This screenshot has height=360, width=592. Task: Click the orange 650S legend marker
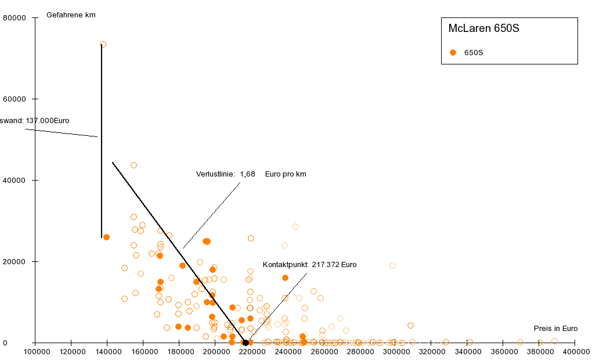[453, 52]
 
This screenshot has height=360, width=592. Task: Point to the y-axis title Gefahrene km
[71, 15]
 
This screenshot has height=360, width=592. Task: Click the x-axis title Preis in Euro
[555, 328]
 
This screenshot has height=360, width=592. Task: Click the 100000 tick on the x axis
[35, 352]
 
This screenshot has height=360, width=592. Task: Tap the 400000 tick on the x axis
[576, 352]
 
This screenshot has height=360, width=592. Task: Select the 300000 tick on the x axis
[396, 352]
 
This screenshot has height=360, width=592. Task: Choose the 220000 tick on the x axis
[251, 352]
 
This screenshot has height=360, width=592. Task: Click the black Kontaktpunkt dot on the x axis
[246, 343]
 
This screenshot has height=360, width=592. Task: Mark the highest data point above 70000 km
[103, 44]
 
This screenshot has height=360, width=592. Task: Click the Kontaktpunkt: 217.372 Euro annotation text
[309, 265]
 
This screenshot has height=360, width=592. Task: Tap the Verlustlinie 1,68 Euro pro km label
[251, 174]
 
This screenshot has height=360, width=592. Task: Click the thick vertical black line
[102, 139]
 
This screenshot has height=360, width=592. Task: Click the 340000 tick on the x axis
[468, 352]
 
